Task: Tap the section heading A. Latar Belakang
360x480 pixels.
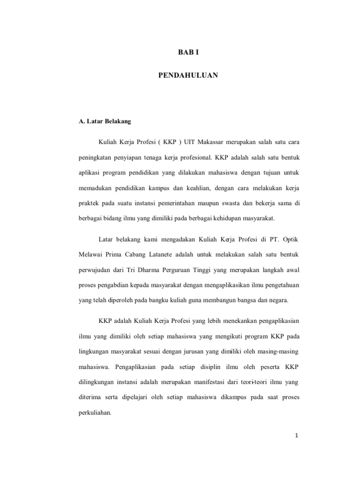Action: (105, 121)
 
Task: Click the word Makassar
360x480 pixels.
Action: (211, 142)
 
